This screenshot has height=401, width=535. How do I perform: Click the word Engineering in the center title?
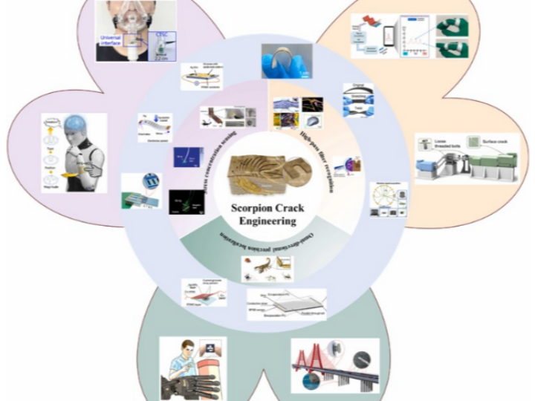[x=266, y=221]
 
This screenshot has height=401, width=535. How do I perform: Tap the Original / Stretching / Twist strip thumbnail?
[x=358, y=101]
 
